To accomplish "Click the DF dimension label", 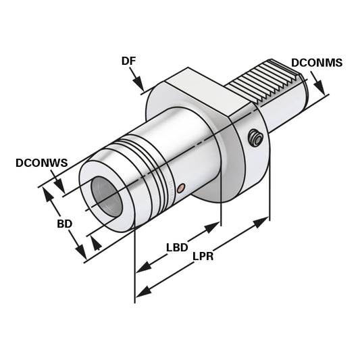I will [130, 61].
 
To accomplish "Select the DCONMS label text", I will [316, 63].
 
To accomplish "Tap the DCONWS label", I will [41, 163].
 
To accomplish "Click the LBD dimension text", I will [177, 247].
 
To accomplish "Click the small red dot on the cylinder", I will [180, 188].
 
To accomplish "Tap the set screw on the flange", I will [255, 138].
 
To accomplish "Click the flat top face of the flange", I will [196, 88].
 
